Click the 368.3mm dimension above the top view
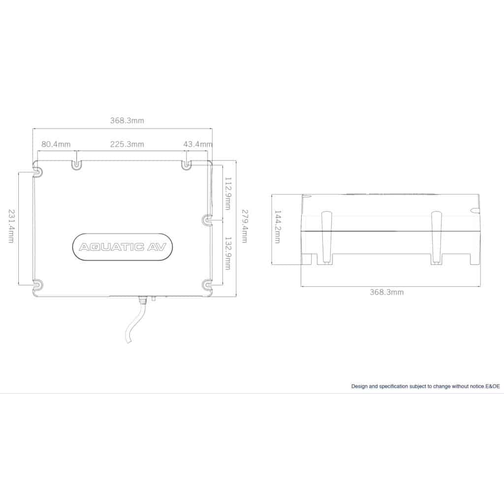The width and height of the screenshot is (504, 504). pos(127,121)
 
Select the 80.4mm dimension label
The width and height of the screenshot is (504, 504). pos(56,144)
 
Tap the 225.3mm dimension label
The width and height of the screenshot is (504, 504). pos(127,144)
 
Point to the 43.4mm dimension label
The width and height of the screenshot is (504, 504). pos(198,144)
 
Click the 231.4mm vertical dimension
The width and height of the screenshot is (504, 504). pos(11,226)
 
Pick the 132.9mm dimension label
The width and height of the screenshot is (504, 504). pos(228,253)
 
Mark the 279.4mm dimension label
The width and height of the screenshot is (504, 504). pos(245,226)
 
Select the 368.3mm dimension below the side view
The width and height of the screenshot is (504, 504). pos(386,292)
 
